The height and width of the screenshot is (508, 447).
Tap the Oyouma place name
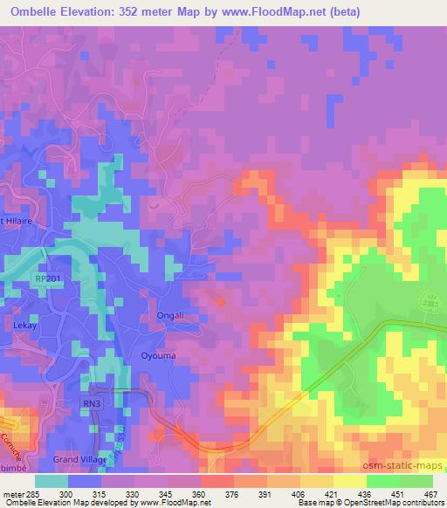click(159, 355)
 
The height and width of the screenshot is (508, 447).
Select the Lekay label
click(24, 322)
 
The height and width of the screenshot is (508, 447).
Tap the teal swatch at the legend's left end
click(51, 481)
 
